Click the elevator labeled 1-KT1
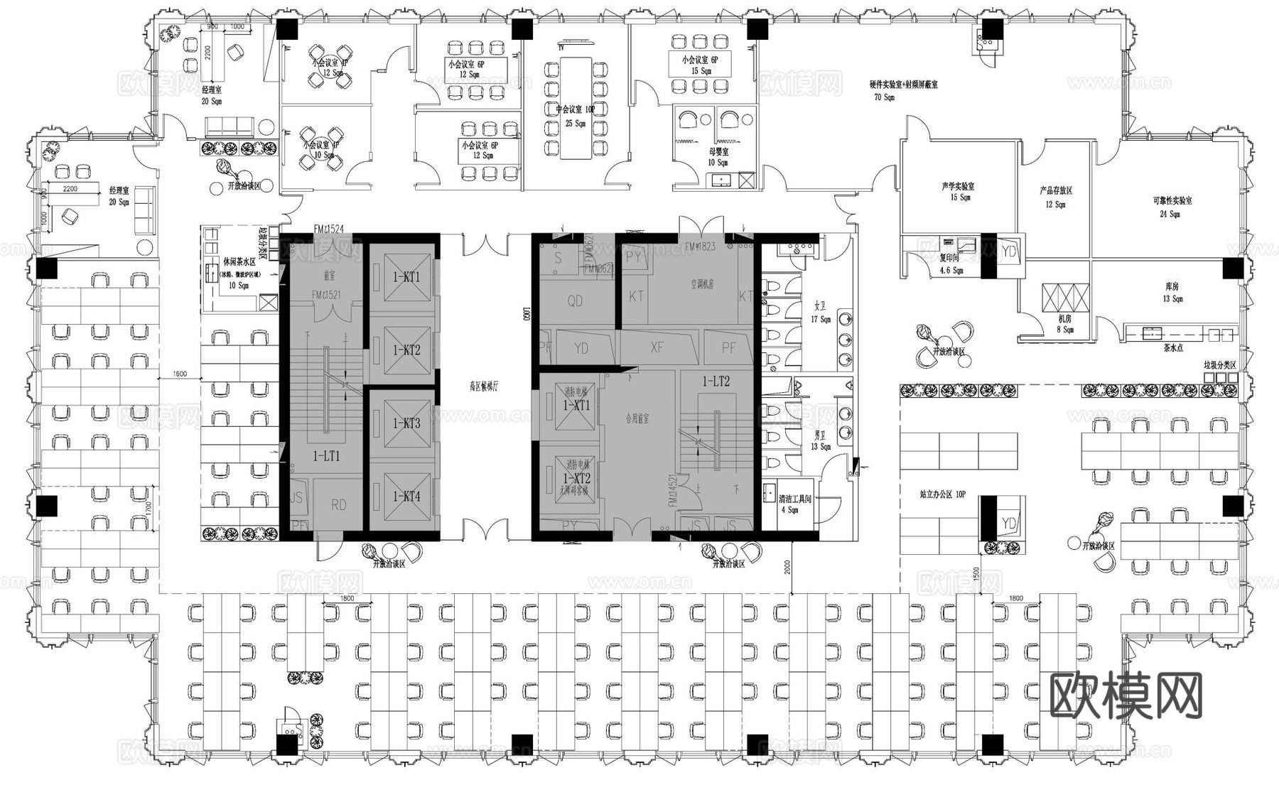pos(407,277)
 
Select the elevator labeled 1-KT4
pos(407,497)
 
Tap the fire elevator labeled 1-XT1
pos(576,406)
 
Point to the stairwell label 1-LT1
pos(326,456)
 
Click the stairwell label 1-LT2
pos(716,381)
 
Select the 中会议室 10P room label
pos(575,110)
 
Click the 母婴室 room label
pos(718,151)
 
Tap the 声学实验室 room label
pos(958,186)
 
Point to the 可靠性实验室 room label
pos(1172,201)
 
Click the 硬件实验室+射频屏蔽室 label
pos(903,84)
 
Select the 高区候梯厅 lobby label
pos(484,387)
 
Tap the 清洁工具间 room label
pos(794,499)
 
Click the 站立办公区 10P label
pos(942,493)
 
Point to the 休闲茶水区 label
pos(239,262)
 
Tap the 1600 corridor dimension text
pos(179,374)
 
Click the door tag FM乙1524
pos(329,229)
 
